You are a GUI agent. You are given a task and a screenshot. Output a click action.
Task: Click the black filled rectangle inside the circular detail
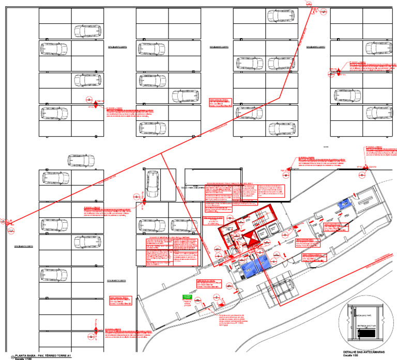pos(368,334)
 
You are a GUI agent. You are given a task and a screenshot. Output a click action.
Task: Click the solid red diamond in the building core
pos(250,239)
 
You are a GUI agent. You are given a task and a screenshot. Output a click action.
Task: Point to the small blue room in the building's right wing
pos(343,204)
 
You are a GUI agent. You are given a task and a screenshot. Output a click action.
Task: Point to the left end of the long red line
pos(9,224)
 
